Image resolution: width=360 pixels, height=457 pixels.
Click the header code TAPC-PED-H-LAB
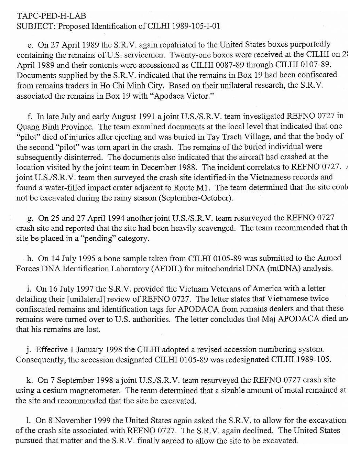pyautogui.click(x=51, y=16)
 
